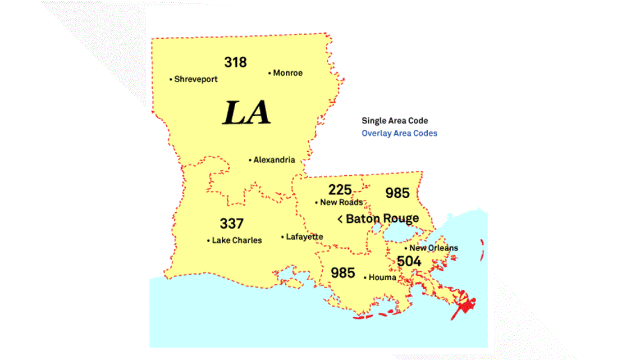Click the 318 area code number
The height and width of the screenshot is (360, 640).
235,62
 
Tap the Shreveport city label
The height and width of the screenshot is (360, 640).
195,80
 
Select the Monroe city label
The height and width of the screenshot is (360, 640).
287,73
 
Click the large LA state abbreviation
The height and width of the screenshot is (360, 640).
247,112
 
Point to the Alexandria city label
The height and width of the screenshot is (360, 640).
274,160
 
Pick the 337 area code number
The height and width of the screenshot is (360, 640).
231,224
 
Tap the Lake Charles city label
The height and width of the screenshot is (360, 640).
236,240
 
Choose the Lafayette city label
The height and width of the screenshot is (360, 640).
304,237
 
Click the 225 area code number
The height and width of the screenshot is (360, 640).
340,189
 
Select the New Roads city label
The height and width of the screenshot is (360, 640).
341,202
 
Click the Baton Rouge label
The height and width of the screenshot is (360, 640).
382,218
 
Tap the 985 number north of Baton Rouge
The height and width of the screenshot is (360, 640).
397,193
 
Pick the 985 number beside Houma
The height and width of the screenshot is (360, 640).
342,273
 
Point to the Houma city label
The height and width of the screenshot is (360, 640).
382,277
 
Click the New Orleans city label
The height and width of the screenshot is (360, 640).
433,248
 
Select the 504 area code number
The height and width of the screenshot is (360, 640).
409,261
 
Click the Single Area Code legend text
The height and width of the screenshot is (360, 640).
395,121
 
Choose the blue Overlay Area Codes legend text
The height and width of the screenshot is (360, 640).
399,133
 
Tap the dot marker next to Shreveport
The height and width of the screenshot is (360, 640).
171,80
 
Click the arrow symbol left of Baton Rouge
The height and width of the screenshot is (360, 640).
340,219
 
